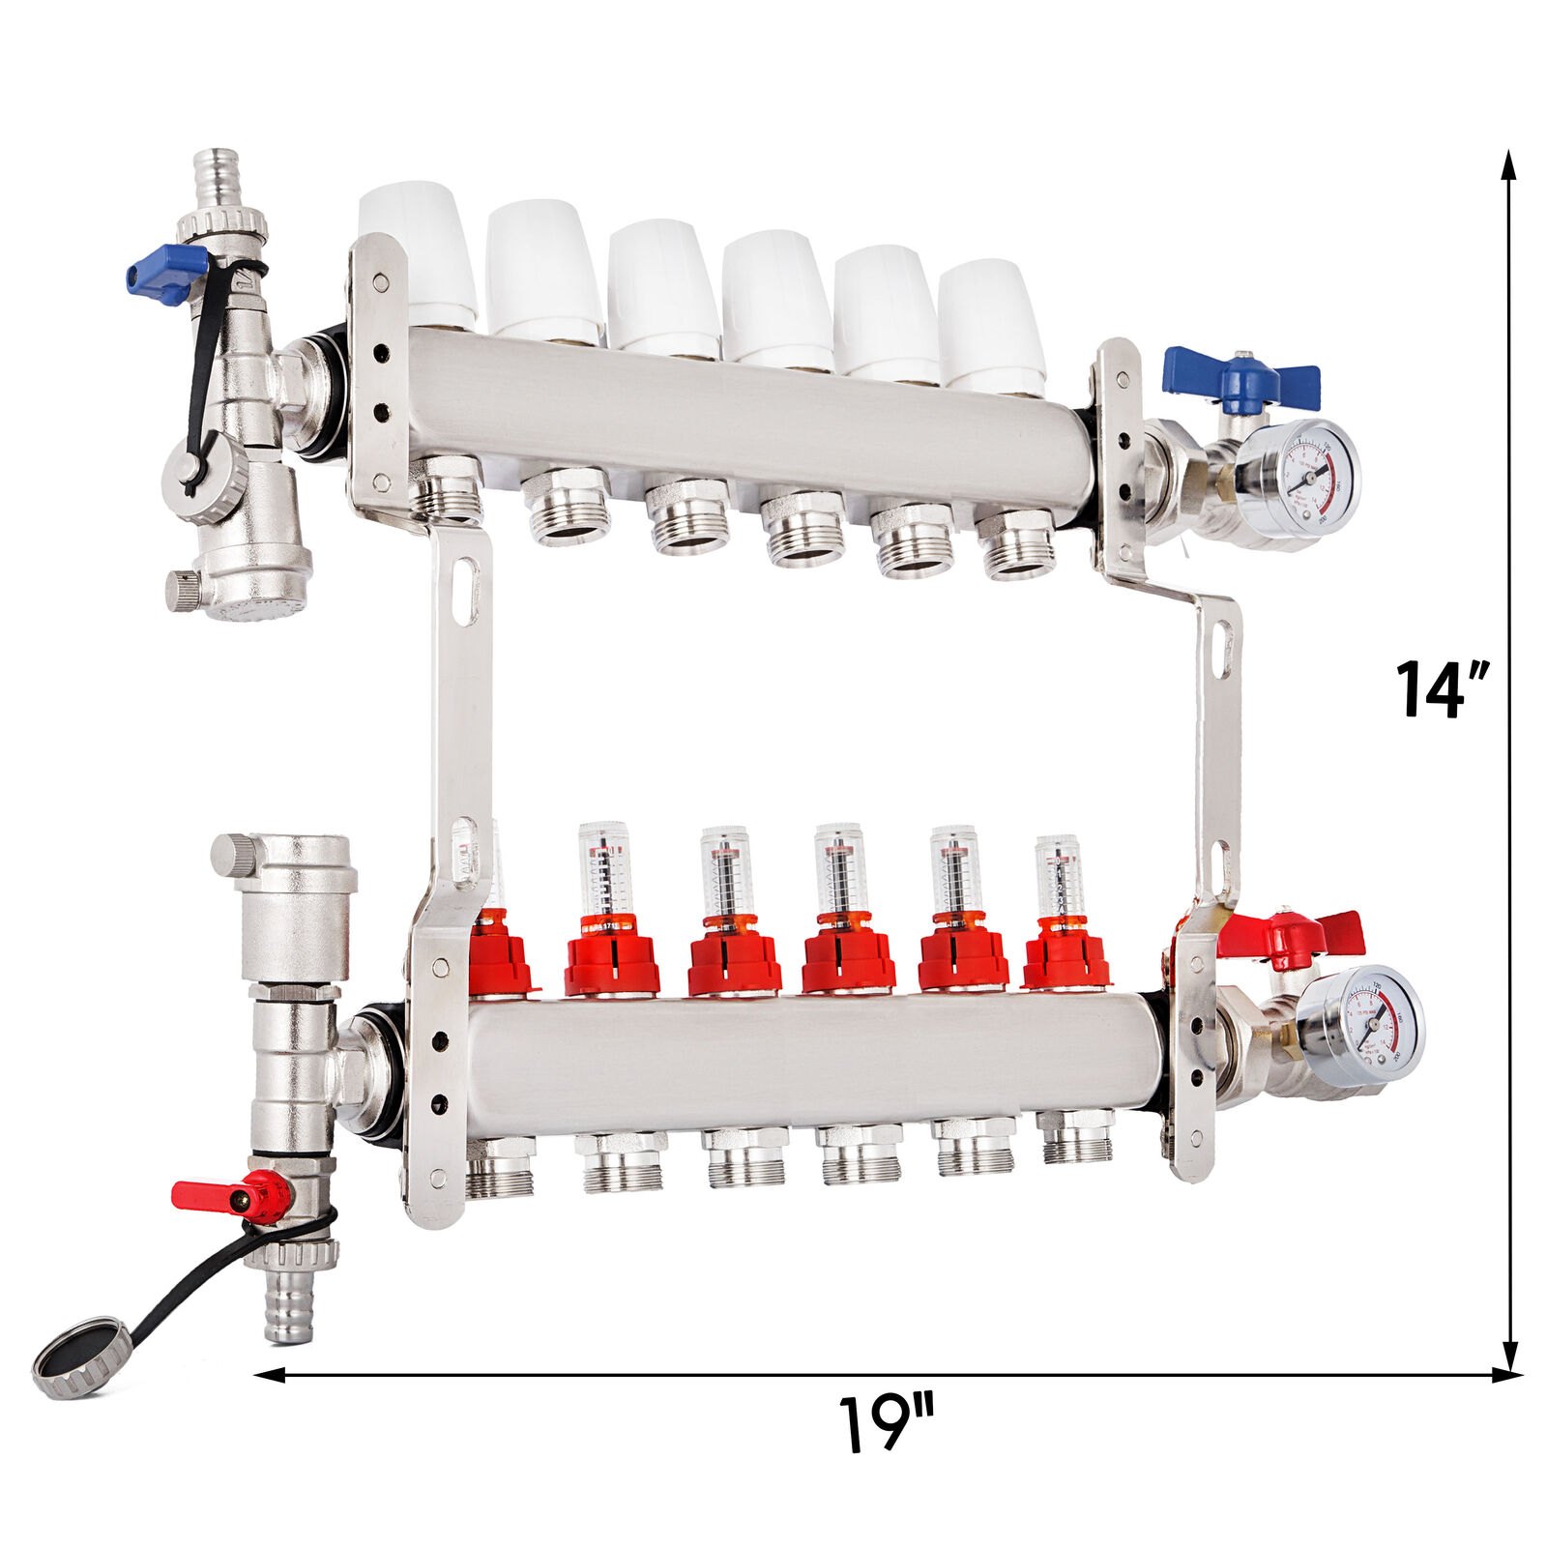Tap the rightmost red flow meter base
pos(1065,960)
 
